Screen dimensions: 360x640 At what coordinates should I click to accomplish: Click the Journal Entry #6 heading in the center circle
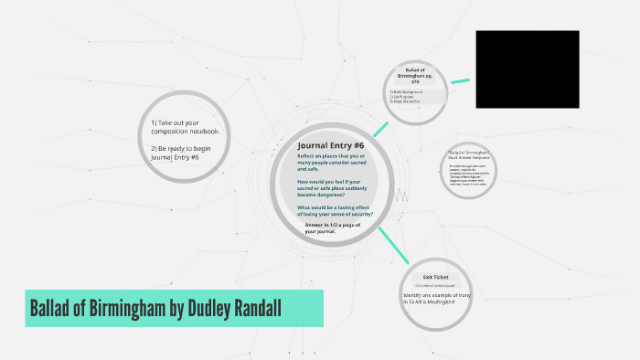click(x=331, y=145)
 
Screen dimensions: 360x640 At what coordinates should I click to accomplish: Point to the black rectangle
click(x=527, y=69)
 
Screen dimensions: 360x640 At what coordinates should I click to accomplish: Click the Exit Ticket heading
click(x=434, y=277)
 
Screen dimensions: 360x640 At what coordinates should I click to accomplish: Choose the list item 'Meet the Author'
click(x=406, y=101)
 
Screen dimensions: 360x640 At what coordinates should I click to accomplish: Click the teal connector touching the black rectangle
click(x=460, y=81)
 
